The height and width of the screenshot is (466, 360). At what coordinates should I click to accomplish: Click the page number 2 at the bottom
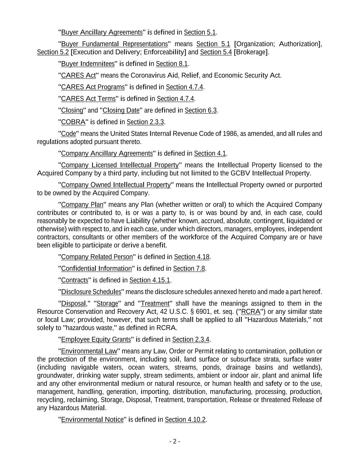(x=174, y=441)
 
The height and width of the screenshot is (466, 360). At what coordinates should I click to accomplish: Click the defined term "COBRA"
(x=73, y=122)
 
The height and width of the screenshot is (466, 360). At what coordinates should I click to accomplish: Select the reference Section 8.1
(x=172, y=64)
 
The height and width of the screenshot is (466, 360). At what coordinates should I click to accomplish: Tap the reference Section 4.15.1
(x=149, y=280)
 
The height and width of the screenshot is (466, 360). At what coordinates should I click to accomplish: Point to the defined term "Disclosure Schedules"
(x=91, y=292)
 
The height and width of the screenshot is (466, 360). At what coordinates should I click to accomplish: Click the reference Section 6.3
(x=201, y=110)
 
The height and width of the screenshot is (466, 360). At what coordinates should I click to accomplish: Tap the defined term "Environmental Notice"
(x=92, y=420)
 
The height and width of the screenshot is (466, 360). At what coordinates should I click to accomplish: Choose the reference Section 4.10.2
(x=185, y=420)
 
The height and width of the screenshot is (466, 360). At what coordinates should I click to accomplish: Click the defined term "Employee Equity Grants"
(x=96, y=340)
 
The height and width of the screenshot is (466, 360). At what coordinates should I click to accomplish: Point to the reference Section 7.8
(x=189, y=269)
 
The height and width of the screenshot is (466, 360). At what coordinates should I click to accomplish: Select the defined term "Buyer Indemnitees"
(x=88, y=64)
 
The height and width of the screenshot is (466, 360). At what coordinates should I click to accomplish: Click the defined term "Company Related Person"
(x=97, y=257)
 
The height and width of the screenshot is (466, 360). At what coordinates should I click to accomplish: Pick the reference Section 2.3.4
(x=191, y=340)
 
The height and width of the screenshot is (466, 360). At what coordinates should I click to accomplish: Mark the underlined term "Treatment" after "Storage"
(x=155, y=303)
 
